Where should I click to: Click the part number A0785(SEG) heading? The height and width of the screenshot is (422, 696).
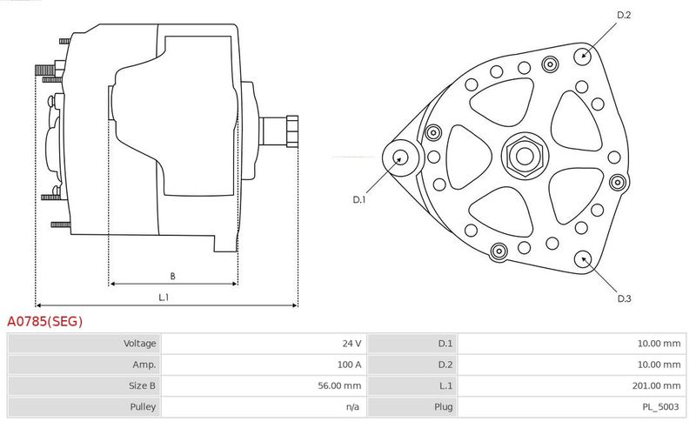tap(45, 321)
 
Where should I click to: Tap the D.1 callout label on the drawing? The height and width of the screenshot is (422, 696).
tap(358, 199)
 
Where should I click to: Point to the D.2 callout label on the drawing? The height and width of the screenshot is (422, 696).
tap(624, 15)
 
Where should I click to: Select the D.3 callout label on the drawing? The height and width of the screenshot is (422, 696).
tap(624, 298)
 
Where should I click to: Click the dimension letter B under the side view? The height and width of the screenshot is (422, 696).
tap(172, 277)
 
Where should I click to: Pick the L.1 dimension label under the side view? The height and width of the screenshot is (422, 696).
tap(164, 298)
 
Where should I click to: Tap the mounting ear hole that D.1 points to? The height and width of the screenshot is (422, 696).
tap(401, 157)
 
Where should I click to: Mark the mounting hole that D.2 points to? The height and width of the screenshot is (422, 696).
tap(583, 56)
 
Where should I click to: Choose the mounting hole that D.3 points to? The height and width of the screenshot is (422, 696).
tap(582, 259)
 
